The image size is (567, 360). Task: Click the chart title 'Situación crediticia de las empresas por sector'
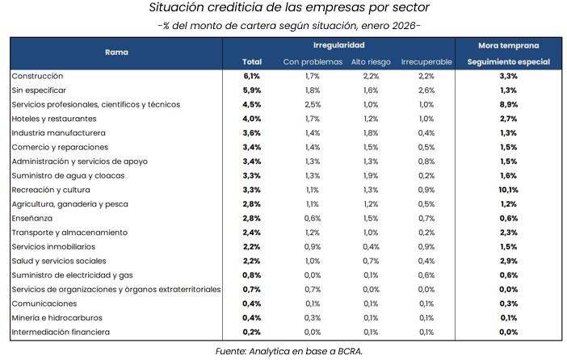283,8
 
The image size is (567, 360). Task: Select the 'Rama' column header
116,52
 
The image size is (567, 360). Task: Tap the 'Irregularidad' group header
338,46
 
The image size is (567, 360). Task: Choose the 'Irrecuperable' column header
426,62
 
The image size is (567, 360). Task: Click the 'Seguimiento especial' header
508,62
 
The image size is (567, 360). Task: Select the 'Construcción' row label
39,76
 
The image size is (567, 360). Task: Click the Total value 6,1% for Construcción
251,76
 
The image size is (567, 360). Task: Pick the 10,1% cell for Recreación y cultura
508,190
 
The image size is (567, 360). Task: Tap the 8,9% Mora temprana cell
508,104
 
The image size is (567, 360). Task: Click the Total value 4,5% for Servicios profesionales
251,104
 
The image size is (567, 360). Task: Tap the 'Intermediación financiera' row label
61,332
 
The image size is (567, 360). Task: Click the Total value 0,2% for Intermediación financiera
251,332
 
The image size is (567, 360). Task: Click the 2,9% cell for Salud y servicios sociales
508,261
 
